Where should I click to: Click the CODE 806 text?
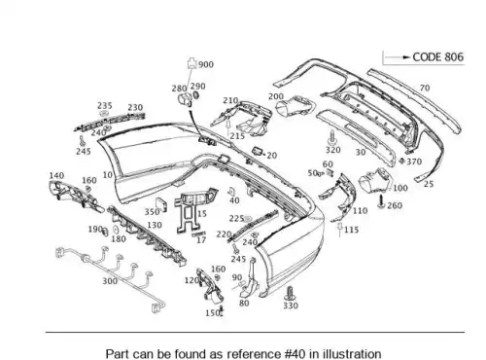(437, 57)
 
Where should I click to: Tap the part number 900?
(206, 64)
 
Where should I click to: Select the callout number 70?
(425, 88)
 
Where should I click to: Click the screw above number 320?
(332, 137)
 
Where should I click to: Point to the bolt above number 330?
(290, 294)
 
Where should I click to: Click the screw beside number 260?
(382, 201)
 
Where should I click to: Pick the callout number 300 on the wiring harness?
(110, 281)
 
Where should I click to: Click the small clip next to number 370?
(402, 161)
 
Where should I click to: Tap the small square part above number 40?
(232, 191)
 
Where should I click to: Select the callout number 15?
(201, 214)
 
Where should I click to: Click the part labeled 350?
(161, 204)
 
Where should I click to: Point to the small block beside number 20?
(258, 151)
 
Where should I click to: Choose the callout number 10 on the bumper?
(108, 175)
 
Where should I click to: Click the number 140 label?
(56, 175)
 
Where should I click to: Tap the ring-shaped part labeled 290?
(195, 95)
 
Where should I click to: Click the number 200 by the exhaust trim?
(276, 96)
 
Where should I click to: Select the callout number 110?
(360, 211)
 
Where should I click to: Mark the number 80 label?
(244, 303)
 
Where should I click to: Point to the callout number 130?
(155, 225)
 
